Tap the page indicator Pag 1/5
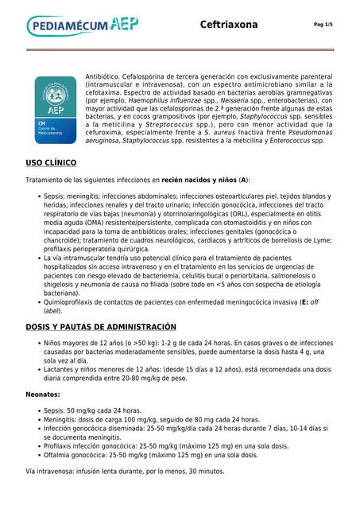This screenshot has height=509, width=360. tap(323, 25)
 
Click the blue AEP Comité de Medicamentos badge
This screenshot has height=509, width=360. tap(55, 110)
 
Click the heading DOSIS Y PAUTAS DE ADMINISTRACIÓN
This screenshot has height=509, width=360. tap(100, 327)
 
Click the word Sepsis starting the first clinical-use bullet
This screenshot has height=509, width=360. tap(54, 196)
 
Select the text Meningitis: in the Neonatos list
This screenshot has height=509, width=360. tap(65, 419)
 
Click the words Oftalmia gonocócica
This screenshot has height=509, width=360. tap(80, 455)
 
